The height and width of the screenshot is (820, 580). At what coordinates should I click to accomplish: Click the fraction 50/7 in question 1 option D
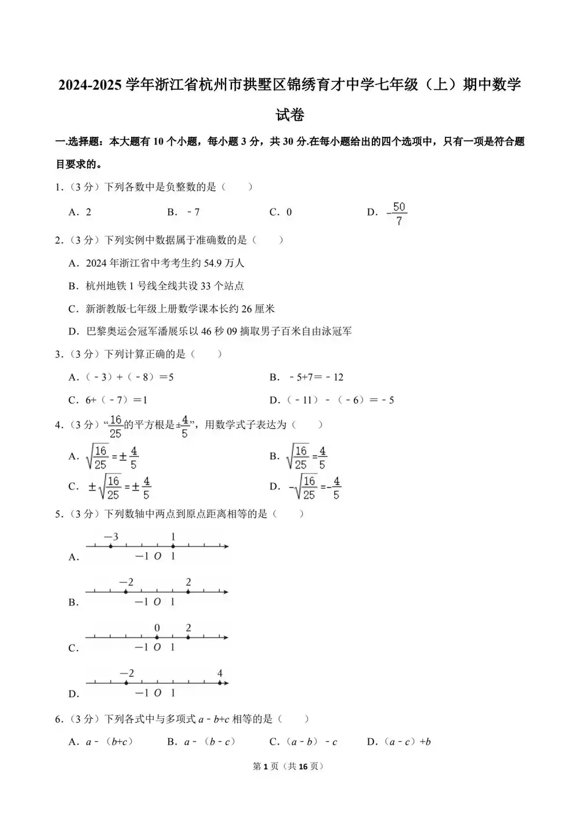(x=398, y=213)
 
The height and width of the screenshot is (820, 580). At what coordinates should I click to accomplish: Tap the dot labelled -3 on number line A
(x=111, y=546)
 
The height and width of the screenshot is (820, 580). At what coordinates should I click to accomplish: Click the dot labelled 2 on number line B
(x=188, y=592)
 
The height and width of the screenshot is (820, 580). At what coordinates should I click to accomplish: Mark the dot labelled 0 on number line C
(x=157, y=637)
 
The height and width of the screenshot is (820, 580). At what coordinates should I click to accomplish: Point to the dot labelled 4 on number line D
(x=219, y=683)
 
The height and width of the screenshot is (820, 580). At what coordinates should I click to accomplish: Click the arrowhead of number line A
(x=226, y=546)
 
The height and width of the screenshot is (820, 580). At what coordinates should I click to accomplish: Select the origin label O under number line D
(x=157, y=693)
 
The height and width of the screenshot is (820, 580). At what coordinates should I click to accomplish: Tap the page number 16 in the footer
(x=303, y=767)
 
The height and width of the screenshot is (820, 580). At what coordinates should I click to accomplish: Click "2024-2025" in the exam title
(x=90, y=85)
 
